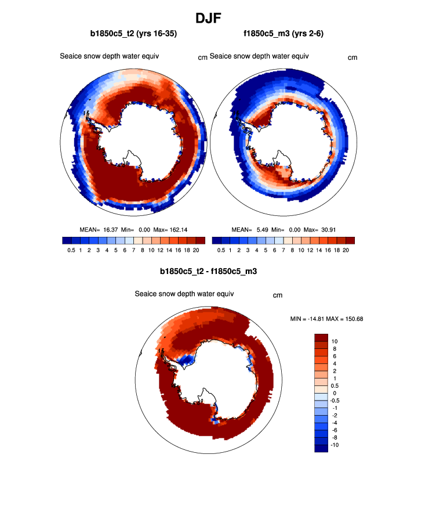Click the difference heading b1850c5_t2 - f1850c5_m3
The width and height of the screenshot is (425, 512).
tap(208, 271)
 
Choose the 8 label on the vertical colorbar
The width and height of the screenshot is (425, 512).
tap(335, 349)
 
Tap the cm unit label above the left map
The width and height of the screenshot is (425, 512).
tap(203, 57)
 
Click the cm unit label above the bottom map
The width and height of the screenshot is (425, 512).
tap(278, 295)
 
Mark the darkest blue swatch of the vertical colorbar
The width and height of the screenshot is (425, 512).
tap(321, 448)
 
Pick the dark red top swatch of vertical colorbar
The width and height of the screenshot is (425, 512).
tap(321, 337)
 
